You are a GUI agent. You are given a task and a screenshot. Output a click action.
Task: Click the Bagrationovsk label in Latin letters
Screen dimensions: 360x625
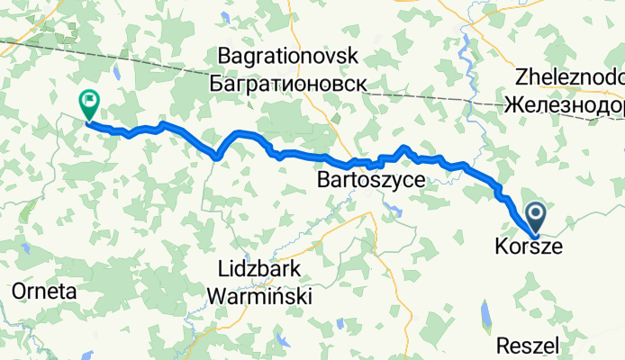point(287,57)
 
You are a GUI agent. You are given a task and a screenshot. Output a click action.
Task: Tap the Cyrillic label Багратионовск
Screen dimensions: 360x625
point(287,83)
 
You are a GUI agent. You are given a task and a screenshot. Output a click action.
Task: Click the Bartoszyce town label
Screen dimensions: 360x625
point(371,181)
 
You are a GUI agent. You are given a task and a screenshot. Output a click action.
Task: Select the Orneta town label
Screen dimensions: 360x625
point(44,292)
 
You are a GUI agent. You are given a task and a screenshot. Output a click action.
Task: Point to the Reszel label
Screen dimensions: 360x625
point(530,344)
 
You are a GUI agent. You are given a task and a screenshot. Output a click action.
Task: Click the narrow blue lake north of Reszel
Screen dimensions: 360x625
point(487,314)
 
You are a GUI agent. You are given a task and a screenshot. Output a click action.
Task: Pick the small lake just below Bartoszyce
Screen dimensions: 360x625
point(394,211)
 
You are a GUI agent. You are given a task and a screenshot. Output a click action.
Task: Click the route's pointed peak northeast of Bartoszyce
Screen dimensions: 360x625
point(405,147)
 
